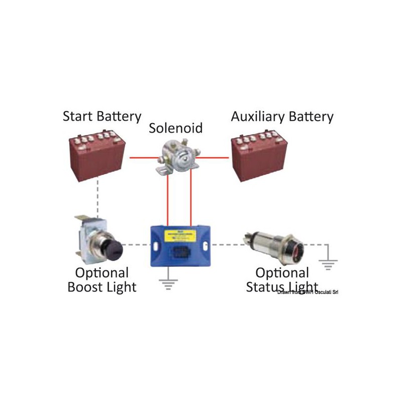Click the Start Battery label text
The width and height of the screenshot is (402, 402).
coord(102,117)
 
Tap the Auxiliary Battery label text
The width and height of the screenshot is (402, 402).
coord(282,117)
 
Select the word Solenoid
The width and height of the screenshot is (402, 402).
coord(176,128)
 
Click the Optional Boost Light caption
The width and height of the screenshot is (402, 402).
coord(102,280)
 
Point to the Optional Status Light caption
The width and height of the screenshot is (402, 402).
coord(282,280)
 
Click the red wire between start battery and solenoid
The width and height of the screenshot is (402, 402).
coord(143,158)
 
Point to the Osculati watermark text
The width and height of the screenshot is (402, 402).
coord(308,292)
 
